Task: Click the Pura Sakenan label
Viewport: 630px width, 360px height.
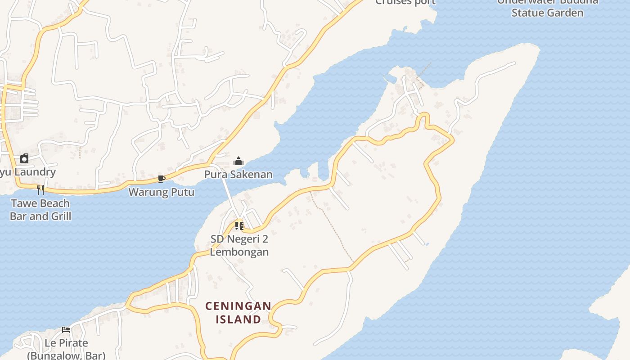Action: point(238,175)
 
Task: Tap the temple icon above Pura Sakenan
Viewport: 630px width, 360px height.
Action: point(238,162)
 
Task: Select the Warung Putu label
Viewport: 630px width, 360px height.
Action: point(161,192)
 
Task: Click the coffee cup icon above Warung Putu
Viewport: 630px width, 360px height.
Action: point(161,179)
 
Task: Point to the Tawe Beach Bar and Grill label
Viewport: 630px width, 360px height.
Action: point(40,210)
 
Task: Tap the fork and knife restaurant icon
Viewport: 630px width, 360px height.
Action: point(40,190)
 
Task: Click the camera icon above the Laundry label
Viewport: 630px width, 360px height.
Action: point(24,158)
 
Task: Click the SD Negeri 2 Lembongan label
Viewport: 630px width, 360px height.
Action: point(239,245)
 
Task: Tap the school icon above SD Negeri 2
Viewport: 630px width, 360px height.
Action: point(239,225)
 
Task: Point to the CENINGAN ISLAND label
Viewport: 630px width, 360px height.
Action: point(238,313)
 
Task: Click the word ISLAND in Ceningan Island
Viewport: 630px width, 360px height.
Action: point(238,319)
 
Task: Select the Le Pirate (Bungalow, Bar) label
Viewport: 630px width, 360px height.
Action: point(66,349)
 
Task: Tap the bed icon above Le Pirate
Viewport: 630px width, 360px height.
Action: point(66,330)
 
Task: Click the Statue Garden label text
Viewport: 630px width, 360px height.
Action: point(547,13)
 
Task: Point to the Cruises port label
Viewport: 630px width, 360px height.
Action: point(405,2)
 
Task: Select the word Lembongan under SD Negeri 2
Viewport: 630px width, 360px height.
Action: point(239,252)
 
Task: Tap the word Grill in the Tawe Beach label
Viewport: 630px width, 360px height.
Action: point(60,216)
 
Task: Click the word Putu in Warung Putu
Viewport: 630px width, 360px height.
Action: point(182,192)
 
